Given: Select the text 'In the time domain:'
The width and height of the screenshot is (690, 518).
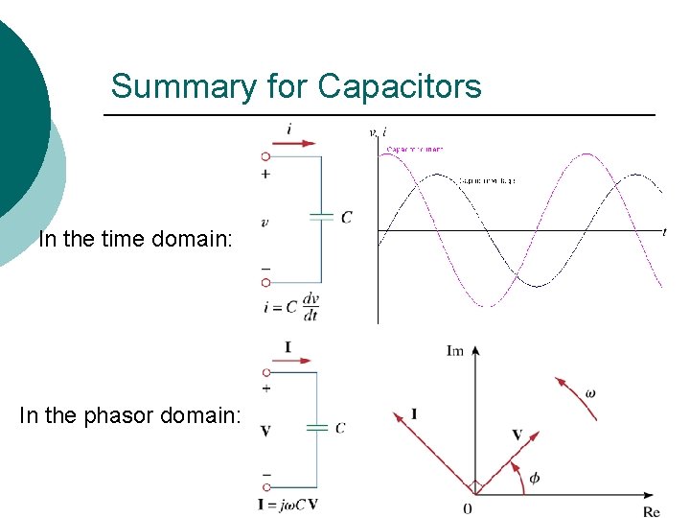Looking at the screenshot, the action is click(x=135, y=239).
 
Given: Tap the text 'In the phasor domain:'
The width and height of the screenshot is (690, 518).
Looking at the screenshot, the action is click(x=130, y=415).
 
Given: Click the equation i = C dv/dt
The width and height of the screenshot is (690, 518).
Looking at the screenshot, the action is click(x=290, y=307).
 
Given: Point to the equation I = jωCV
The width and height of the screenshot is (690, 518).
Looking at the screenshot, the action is click(x=288, y=504).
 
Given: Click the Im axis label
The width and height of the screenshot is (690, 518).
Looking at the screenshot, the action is click(x=455, y=350).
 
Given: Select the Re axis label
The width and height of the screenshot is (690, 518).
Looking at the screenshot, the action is click(x=651, y=511).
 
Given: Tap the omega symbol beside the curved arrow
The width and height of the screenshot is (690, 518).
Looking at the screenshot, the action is click(x=590, y=393).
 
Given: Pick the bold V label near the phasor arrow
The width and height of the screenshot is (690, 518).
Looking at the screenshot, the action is click(x=517, y=435).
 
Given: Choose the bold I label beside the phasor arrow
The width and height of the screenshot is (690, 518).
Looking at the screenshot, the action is click(x=414, y=413).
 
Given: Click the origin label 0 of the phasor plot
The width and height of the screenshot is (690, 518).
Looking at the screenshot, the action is click(x=467, y=508).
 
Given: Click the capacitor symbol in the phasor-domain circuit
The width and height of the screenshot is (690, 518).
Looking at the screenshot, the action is click(x=316, y=428).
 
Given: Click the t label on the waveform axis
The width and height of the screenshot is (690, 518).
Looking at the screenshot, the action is click(x=664, y=231).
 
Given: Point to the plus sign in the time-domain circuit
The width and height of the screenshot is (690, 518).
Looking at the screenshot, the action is click(x=265, y=174).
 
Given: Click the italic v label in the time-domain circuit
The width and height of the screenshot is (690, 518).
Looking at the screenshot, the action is click(x=264, y=223).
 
